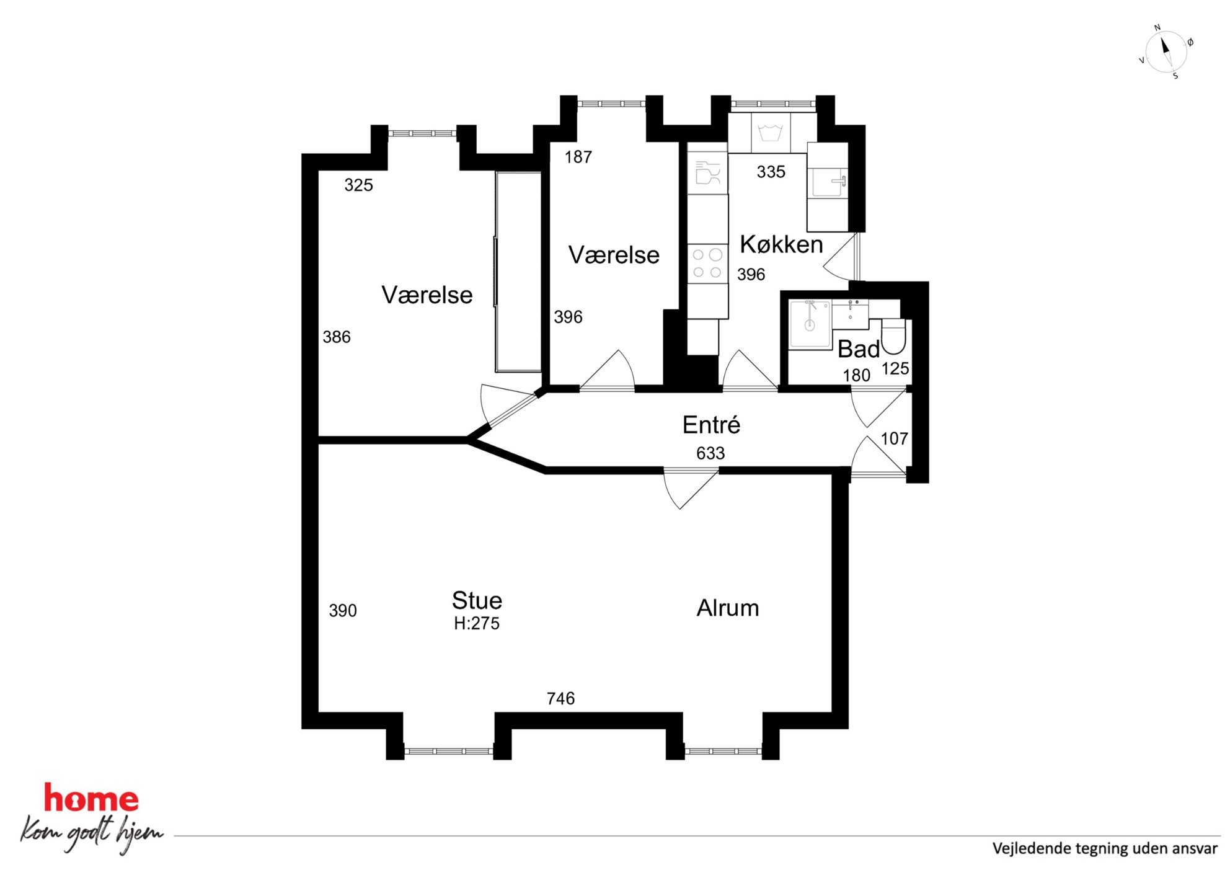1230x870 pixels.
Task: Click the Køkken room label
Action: (x=781, y=245)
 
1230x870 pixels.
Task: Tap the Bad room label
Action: (x=859, y=350)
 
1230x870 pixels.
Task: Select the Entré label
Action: (x=711, y=425)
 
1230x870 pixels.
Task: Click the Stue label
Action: (x=477, y=600)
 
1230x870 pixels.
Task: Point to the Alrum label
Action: (x=728, y=608)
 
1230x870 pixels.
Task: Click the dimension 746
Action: (x=560, y=699)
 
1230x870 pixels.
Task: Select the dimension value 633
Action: (x=710, y=453)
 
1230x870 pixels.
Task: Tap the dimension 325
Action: (x=358, y=185)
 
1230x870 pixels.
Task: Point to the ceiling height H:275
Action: (x=476, y=623)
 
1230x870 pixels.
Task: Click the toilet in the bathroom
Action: (x=893, y=336)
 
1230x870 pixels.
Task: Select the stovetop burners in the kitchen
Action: (x=707, y=263)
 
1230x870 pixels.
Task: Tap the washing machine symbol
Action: (x=771, y=133)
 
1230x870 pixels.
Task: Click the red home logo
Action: (x=91, y=799)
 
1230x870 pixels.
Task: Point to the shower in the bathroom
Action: (x=810, y=325)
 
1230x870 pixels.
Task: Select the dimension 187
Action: (x=578, y=158)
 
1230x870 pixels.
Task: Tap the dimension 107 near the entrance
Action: (x=894, y=439)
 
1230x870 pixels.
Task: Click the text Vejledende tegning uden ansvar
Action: (x=1105, y=848)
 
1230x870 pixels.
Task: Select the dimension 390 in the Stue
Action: (x=342, y=611)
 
